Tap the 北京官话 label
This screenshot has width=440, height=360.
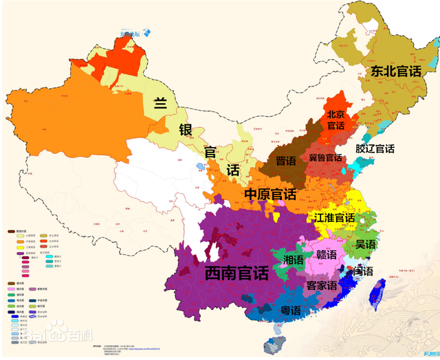pyautogui.click(x=335, y=120)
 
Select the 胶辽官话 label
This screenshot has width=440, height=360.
pyautogui.click(x=375, y=148)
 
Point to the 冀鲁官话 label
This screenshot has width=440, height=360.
pyautogui.click(x=324, y=157)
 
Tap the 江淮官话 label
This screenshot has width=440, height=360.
pyautogui.click(x=334, y=218)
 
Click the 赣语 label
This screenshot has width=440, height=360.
pyautogui.click(x=326, y=255)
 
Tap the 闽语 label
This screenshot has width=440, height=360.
pyautogui.click(x=362, y=271)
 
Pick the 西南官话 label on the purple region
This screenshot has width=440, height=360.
pyautogui.click(x=236, y=273)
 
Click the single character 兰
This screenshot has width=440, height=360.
pyautogui.click(x=160, y=104)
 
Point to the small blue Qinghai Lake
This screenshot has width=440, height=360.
pyautogui.click(x=200, y=166)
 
